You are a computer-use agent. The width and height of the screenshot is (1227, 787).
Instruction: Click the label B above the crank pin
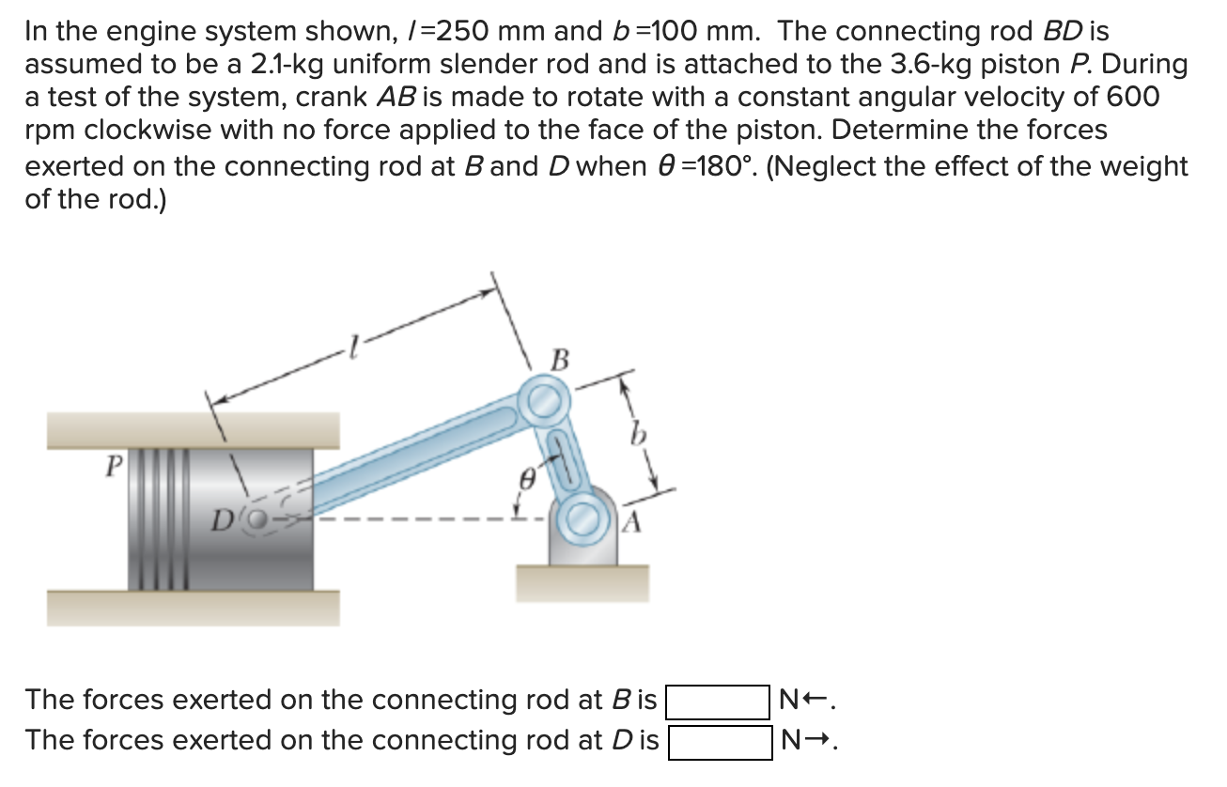tap(560, 360)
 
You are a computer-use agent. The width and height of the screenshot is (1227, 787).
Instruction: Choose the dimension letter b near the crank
tap(640, 437)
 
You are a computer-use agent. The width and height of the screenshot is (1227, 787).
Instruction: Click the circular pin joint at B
tap(542, 403)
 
